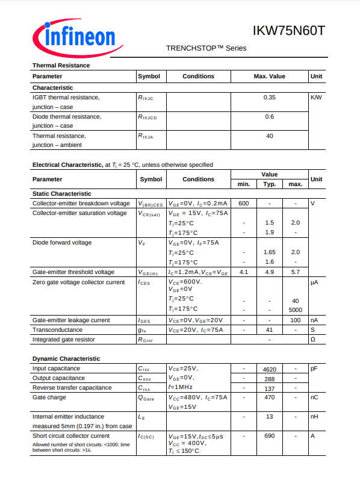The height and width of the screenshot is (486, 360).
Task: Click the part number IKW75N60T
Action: [288, 31]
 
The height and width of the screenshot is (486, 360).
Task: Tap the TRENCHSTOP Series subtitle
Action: [206, 48]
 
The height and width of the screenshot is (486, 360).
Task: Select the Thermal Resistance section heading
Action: [61, 65]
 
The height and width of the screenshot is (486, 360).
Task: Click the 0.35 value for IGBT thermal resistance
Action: [269, 97]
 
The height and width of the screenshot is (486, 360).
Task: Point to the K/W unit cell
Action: [316, 97]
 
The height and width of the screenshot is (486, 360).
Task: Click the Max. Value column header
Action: [269, 76]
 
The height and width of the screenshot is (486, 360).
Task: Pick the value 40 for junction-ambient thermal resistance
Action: [269, 136]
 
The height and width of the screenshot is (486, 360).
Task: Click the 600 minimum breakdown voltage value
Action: [243, 204]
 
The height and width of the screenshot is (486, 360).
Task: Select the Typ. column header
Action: [269, 184]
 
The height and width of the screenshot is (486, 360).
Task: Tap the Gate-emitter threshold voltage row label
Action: [73, 272]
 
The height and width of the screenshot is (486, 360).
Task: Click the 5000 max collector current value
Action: [295, 310]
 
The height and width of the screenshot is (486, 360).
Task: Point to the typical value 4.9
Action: [269, 272]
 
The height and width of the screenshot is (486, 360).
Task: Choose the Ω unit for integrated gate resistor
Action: [312, 340]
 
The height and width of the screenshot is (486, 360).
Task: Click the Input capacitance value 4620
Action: [269, 369]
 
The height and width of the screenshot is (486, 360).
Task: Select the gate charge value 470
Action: [269, 397]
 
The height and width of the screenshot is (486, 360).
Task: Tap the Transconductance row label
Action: [57, 330]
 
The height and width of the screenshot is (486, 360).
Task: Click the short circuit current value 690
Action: [269, 436]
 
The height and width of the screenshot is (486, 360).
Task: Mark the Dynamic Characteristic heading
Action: [66, 359]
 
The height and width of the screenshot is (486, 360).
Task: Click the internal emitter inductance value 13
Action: [269, 417]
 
